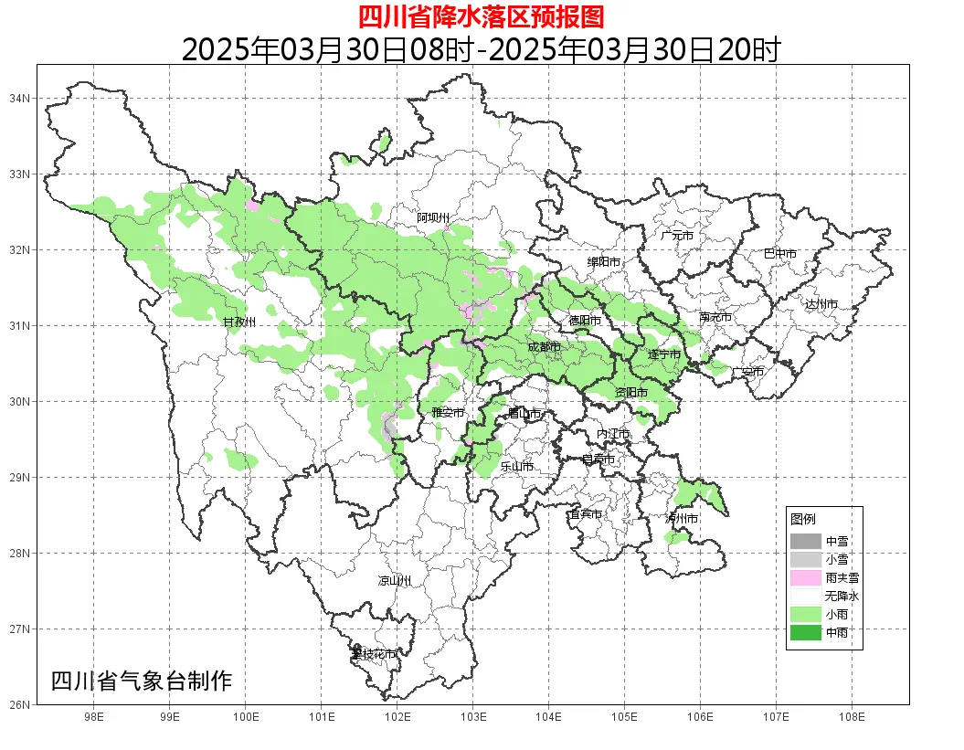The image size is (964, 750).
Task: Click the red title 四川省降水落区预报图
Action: tap(481, 16)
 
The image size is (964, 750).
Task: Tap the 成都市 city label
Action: tap(544, 347)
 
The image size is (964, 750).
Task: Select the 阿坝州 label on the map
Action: tap(433, 217)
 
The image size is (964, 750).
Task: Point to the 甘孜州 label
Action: tap(239, 322)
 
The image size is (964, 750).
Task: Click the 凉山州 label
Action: tap(395, 581)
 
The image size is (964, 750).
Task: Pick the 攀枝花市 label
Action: tap(375, 654)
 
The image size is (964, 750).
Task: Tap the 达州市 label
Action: tap(821, 304)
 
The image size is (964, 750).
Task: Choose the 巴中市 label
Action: tap(779, 254)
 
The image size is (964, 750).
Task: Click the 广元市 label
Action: tap(677, 236)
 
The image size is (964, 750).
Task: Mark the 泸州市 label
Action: tap(682, 519)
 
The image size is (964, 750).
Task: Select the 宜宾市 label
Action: tap(585, 514)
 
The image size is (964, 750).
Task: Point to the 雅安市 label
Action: tap(448, 413)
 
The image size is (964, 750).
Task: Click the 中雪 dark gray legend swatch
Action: tap(806, 541)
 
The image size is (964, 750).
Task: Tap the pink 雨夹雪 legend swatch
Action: tap(806, 577)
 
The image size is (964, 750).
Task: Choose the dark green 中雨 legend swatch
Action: tap(806, 632)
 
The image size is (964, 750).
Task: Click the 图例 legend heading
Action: tap(803, 519)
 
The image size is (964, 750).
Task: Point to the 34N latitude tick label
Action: tap(20, 98)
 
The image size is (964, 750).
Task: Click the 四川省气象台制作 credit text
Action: tap(142, 681)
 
